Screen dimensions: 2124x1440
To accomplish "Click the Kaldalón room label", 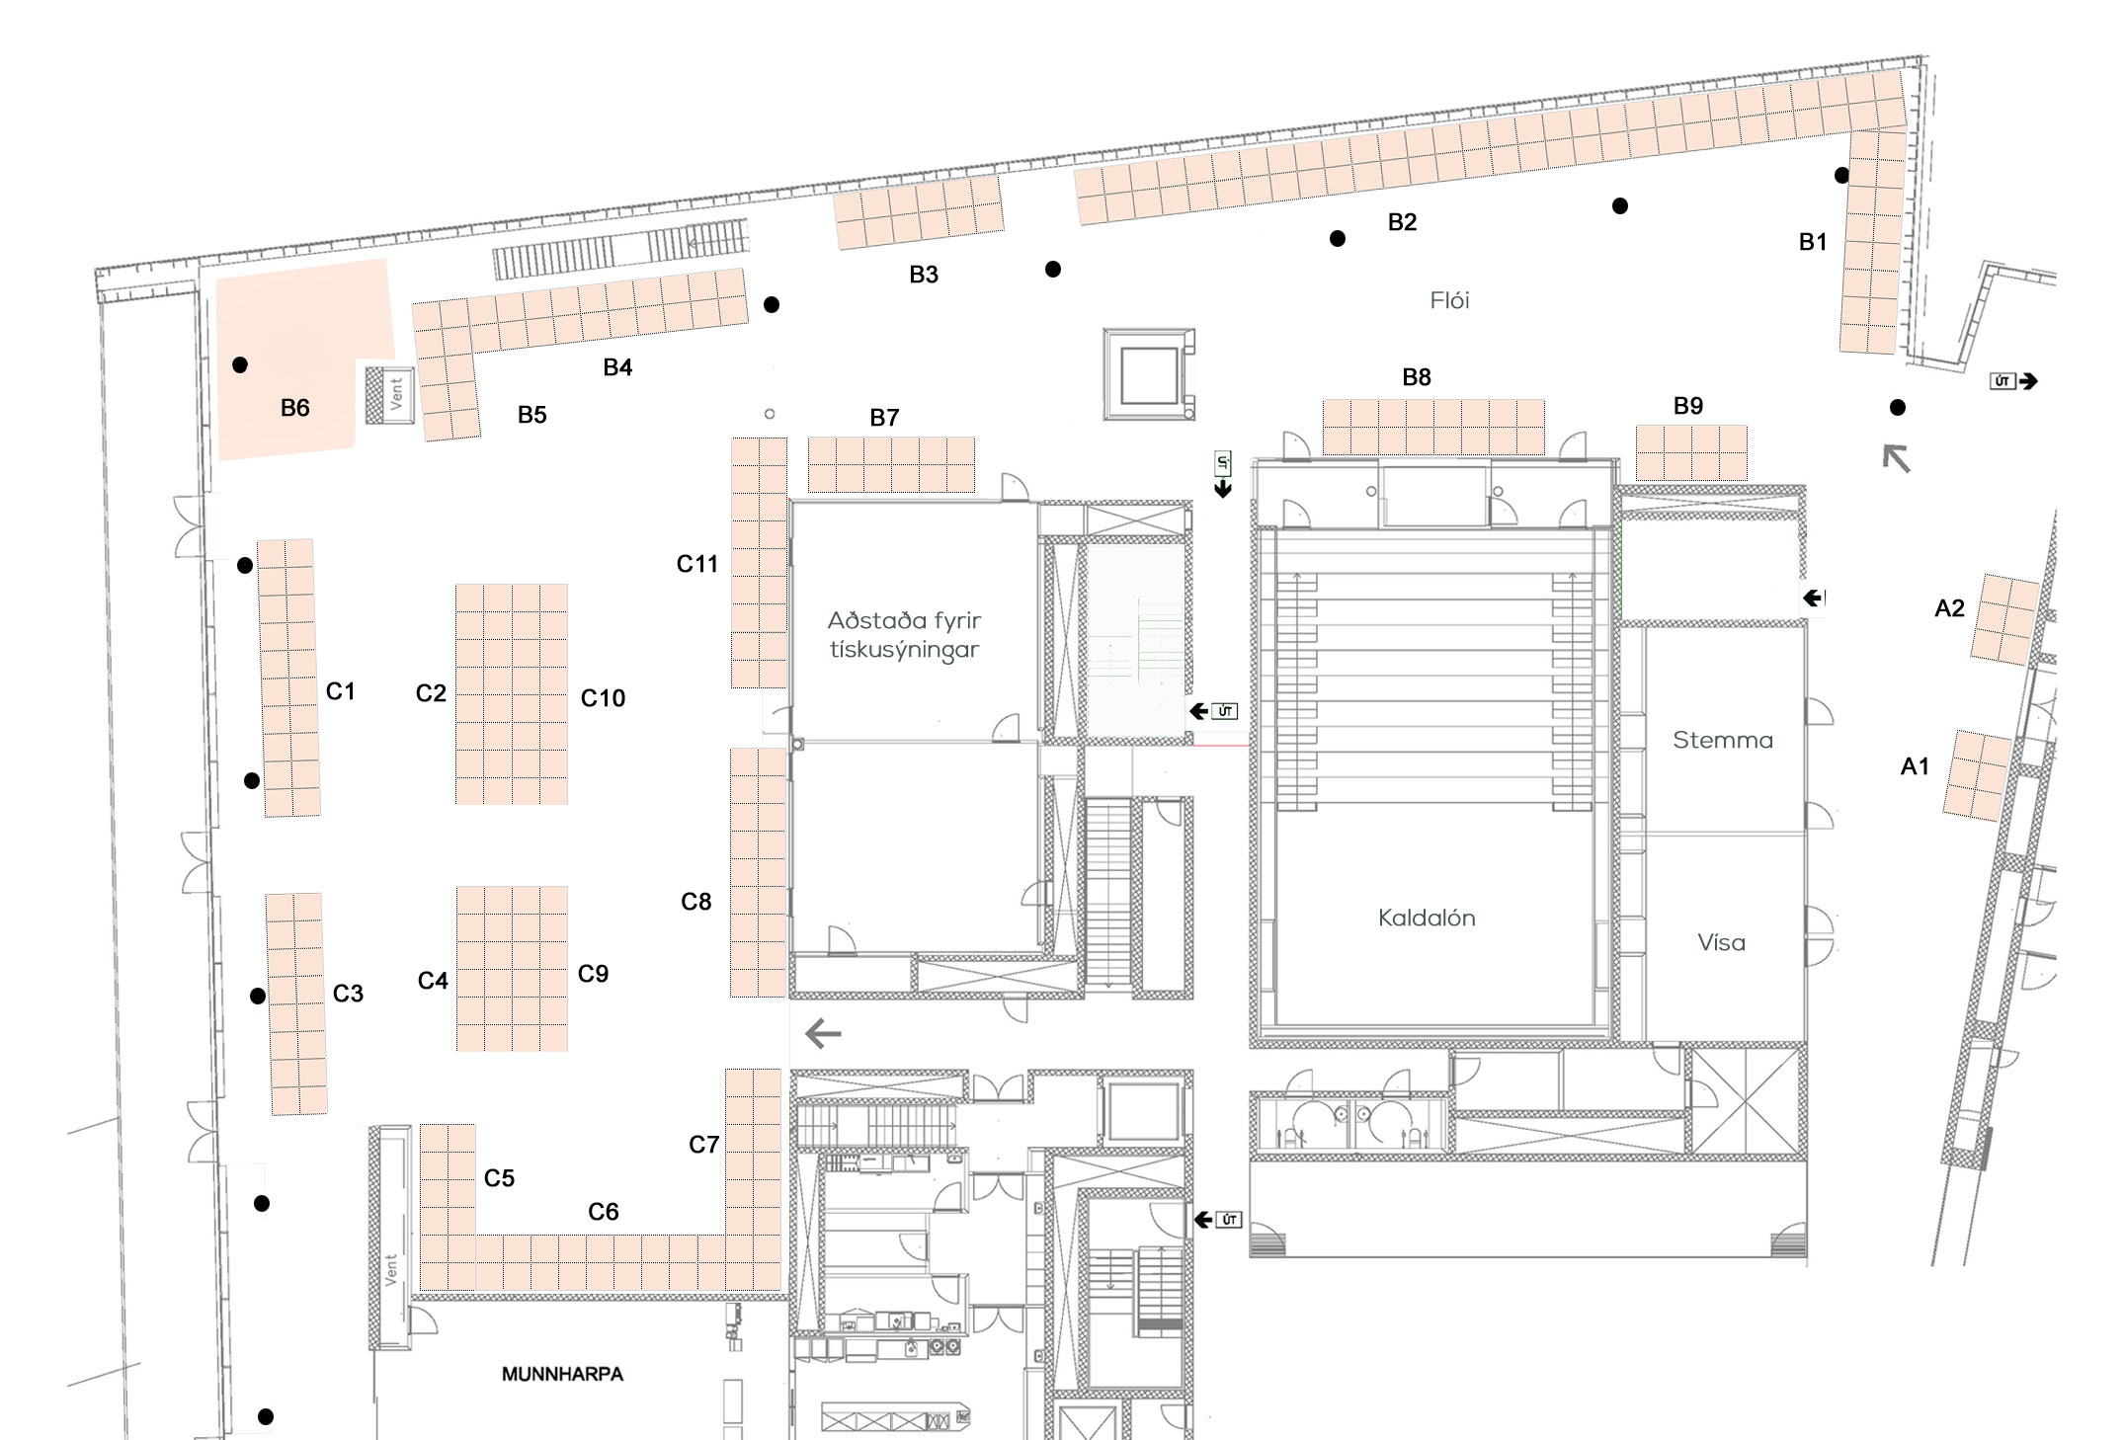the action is (1427, 918).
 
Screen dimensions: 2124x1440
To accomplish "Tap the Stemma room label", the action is (1723, 740).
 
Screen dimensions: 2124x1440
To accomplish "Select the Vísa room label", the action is (1721, 942).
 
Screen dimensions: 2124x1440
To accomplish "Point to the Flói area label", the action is (1449, 300).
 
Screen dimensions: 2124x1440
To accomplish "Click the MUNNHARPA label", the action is (562, 1374).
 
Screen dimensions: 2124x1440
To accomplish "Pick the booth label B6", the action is (294, 408).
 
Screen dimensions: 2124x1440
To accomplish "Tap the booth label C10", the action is (603, 698).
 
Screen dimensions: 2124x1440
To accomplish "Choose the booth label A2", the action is (1949, 608).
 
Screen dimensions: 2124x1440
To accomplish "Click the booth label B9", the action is (1688, 406).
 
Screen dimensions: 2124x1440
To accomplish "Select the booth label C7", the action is (703, 1145).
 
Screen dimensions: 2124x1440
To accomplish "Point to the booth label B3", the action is (924, 275).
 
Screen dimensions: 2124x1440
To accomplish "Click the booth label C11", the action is (696, 564).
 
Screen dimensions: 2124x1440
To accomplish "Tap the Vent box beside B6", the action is (389, 395).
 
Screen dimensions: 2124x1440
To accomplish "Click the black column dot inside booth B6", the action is (240, 365).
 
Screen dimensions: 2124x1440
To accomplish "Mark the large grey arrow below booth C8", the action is (823, 1034).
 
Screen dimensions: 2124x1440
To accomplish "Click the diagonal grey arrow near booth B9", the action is (1896, 458).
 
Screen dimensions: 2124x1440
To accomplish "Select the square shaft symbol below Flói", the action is (1149, 374).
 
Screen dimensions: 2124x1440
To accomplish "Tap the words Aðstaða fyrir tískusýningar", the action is (904, 635).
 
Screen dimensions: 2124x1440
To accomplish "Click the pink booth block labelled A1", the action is (1977, 776).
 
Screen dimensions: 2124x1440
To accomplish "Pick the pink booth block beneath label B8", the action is (1433, 427).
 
